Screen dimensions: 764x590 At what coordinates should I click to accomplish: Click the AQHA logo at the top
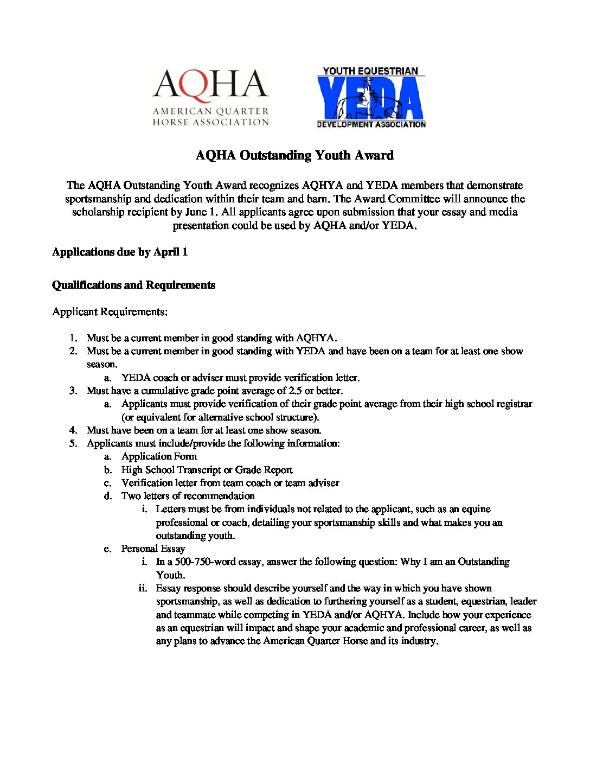[x=210, y=98]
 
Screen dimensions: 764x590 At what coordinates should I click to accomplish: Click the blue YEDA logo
[x=371, y=98]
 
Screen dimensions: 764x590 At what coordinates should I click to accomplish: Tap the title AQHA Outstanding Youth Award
[x=294, y=156]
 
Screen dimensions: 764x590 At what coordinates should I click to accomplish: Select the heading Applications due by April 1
[x=120, y=252]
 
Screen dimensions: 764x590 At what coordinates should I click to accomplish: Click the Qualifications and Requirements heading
[x=133, y=285]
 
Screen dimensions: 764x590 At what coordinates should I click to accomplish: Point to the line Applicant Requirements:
[x=110, y=312]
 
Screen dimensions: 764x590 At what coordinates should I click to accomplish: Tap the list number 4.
[x=73, y=430]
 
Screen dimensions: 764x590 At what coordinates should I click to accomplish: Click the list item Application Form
[x=159, y=456]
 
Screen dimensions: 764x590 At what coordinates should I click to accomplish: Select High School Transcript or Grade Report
[x=207, y=470]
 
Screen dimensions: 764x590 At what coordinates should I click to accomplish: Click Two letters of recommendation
[x=188, y=496]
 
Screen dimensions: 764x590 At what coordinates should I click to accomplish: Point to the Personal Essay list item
[x=153, y=549]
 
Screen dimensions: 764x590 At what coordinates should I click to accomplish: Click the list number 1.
[x=73, y=338]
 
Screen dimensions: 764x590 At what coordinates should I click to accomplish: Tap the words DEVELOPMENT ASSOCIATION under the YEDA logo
[x=371, y=124]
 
